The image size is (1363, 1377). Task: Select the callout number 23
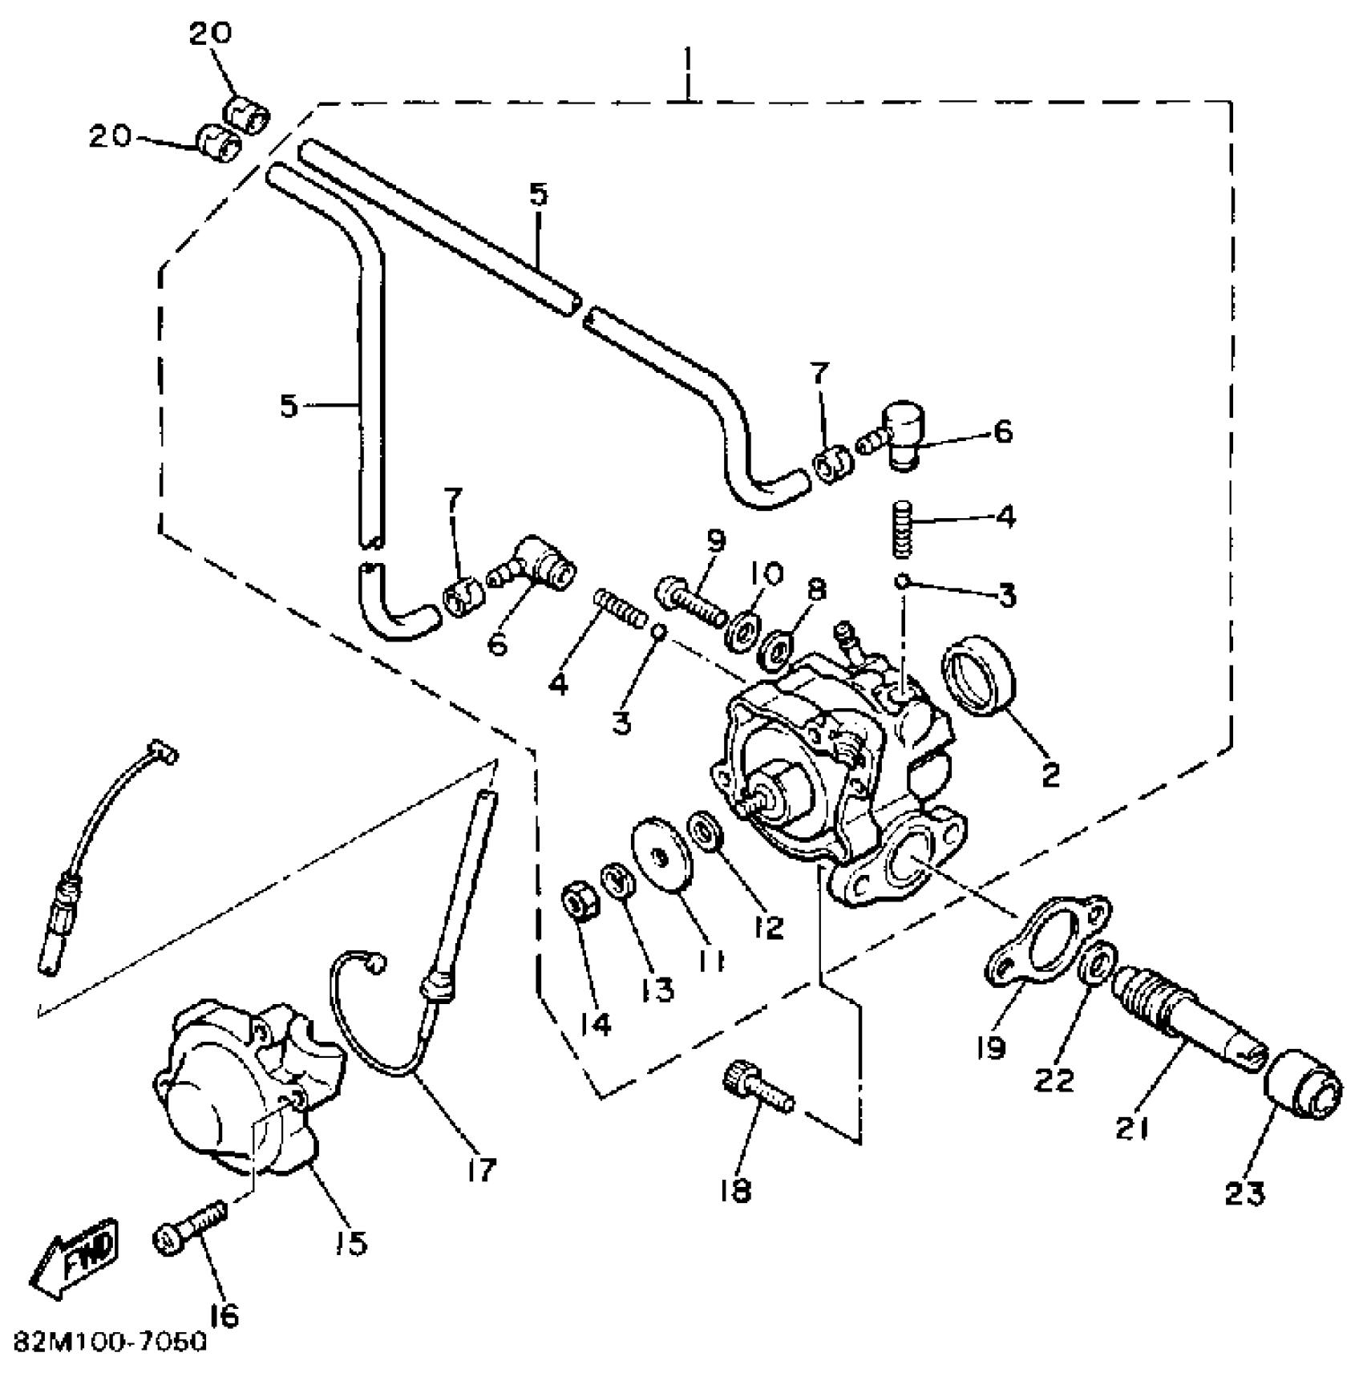1244,1193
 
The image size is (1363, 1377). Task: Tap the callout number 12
768,926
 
